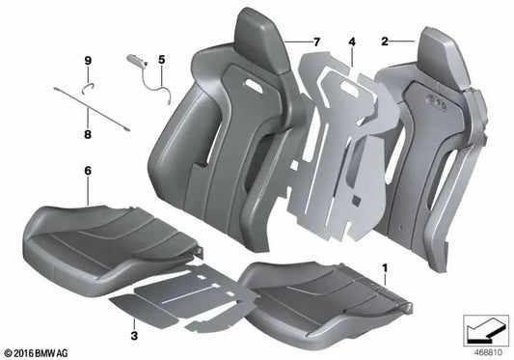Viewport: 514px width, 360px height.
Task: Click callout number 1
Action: click(x=386, y=263)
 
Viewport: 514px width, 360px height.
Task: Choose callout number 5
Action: click(x=161, y=59)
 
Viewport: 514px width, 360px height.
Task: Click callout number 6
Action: click(x=88, y=170)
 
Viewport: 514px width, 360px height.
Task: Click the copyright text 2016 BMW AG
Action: click(x=40, y=351)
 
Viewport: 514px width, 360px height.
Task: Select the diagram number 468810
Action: click(x=482, y=351)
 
